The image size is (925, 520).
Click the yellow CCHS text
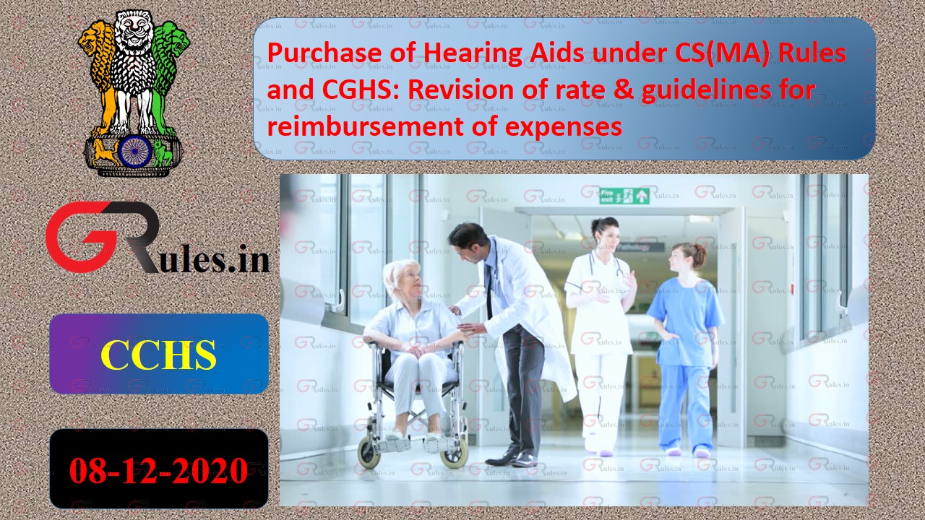point(158,355)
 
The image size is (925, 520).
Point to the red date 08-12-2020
point(158,471)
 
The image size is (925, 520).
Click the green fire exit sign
point(624,196)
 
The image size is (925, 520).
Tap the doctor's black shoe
point(502,459)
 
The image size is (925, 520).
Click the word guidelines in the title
point(715,90)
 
